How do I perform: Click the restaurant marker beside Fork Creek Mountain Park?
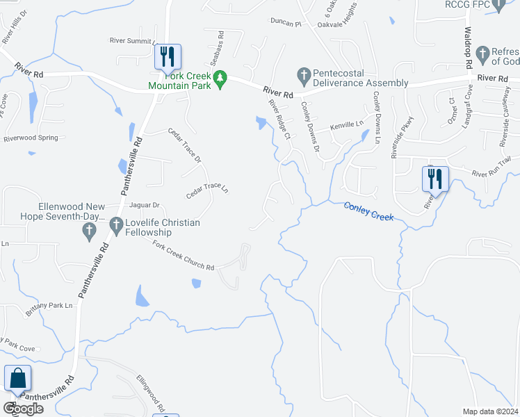167,57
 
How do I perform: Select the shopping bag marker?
17,379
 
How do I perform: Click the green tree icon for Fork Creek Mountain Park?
221,80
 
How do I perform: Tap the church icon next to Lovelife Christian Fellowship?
116,223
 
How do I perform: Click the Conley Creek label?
369,211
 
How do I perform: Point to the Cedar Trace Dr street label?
185,145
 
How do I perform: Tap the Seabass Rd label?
221,44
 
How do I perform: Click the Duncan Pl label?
286,24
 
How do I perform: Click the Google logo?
23,409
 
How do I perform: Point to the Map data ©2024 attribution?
489,411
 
